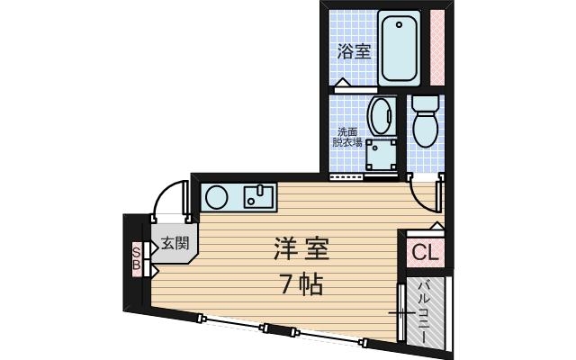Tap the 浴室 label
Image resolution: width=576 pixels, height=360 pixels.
(x=354, y=51)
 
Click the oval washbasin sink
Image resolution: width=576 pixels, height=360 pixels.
(x=382, y=116)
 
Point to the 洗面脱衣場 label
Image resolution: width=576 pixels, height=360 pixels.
(x=347, y=137)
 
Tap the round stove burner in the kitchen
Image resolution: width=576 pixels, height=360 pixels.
(x=216, y=196)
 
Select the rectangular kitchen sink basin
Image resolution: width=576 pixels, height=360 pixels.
(x=258, y=196)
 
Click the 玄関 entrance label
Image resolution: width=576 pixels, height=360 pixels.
(x=175, y=242)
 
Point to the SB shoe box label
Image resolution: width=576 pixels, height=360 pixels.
(x=137, y=257)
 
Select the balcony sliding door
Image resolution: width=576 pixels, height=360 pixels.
(x=399, y=311)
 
